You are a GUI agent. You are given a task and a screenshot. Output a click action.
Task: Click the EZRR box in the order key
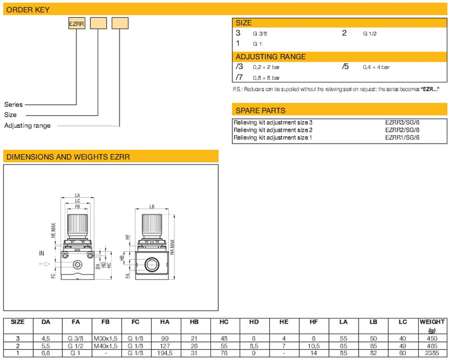tap(76, 24)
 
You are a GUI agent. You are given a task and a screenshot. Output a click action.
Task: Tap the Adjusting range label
tap(28, 126)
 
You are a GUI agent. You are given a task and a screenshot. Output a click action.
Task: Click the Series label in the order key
tap(13, 104)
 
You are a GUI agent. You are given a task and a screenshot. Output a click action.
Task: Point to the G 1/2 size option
tap(369, 34)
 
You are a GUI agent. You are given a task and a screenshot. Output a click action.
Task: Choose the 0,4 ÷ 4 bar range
tap(375, 67)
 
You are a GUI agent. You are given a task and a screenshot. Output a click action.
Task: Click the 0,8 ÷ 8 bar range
tap(266, 78)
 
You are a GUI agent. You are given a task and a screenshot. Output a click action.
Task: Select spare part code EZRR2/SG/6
tap(402, 130)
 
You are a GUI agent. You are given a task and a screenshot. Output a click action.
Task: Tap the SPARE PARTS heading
tap(260, 110)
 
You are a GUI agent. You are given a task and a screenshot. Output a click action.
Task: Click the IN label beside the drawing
tap(42, 253)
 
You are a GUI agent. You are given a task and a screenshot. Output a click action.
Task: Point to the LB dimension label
tap(152, 206)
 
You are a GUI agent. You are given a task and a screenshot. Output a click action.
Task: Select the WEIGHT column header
tap(432, 322)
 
